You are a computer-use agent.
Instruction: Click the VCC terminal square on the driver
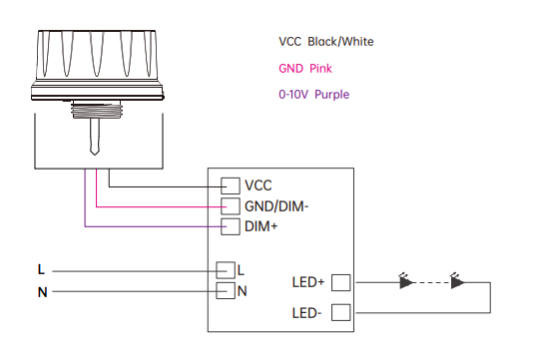tap(230, 185)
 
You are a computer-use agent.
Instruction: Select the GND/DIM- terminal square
tap(230, 206)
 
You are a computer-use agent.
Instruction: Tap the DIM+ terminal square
tap(230, 226)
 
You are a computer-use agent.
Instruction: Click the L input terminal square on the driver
tap(226, 270)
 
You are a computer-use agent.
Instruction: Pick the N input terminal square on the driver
tap(226, 290)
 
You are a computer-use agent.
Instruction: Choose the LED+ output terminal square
tap(340, 282)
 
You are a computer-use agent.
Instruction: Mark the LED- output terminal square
tap(340, 312)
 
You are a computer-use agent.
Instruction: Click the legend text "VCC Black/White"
tap(326, 42)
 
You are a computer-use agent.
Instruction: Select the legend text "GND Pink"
tap(305, 69)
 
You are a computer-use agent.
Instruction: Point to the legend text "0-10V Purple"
tap(313, 95)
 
